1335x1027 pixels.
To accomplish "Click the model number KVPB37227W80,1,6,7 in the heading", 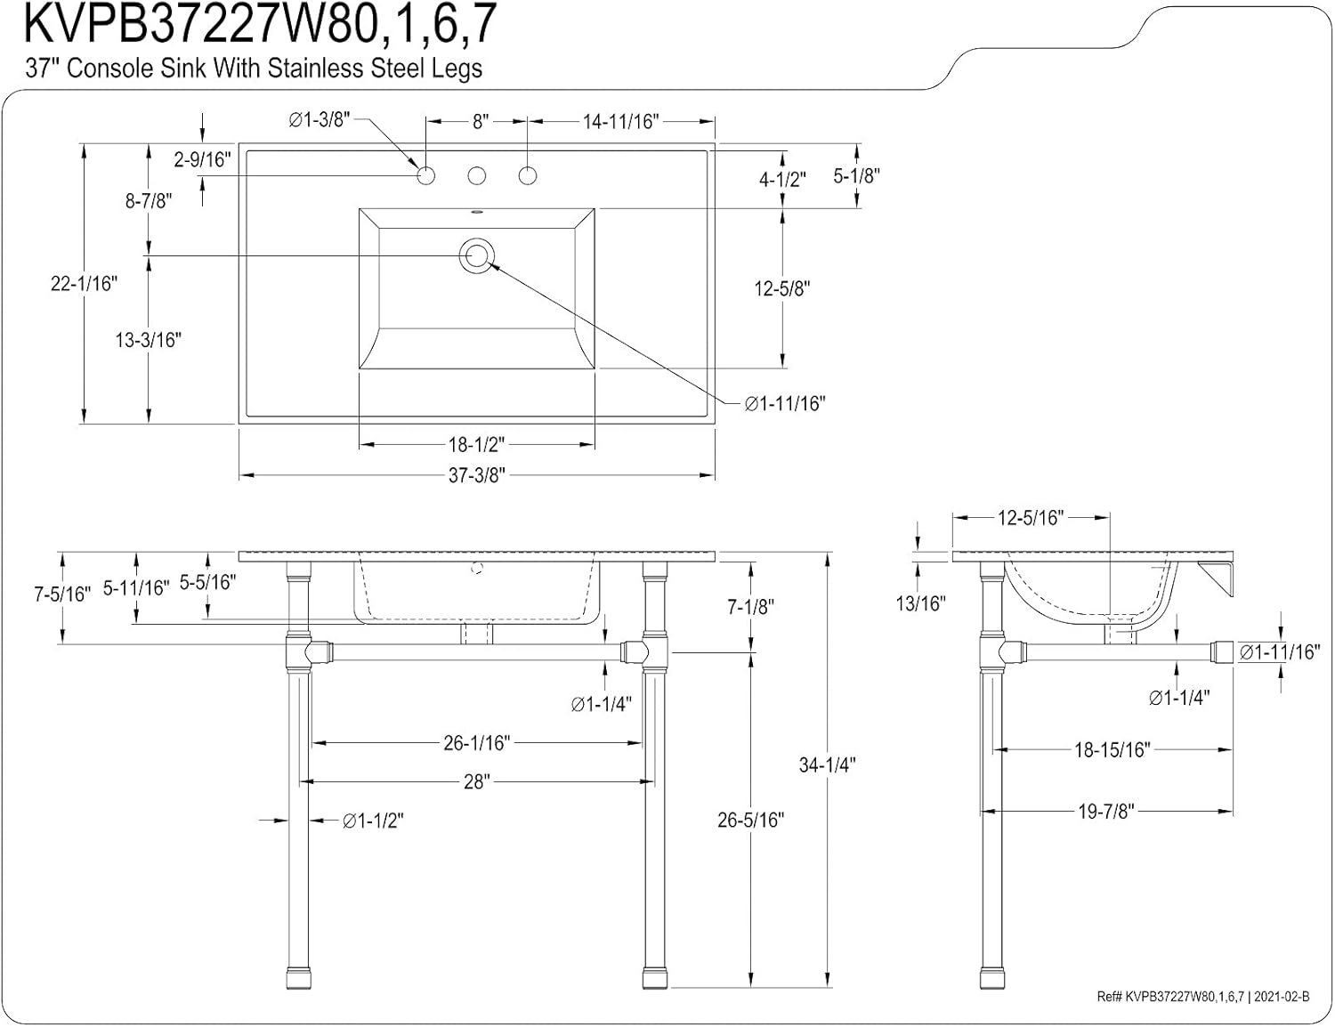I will pyautogui.click(x=259, y=25).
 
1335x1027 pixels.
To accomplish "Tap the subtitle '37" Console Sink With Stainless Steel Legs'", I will pyautogui.click(x=254, y=69).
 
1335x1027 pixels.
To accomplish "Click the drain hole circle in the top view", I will pyautogui.click(x=476, y=255).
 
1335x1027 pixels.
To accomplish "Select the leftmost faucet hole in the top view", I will pyautogui.click(x=426, y=175).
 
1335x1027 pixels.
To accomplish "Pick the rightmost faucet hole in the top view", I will pyautogui.click(x=528, y=175).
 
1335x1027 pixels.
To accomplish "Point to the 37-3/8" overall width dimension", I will pyautogui.click(x=477, y=476).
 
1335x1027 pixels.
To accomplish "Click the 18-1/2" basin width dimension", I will pyautogui.click(x=477, y=443).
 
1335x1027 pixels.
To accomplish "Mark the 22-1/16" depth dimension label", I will pyautogui.click(x=84, y=284).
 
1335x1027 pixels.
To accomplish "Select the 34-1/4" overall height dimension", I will pyautogui.click(x=827, y=764).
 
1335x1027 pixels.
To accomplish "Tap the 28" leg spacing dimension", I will pyautogui.click(x=477, y=781).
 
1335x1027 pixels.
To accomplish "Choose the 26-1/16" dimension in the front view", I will pyautogui.click(x=477, y=742).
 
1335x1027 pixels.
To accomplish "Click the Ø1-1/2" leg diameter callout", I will pyautogui.click(x=373, y=821).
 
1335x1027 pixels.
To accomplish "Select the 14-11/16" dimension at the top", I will pyautogui.click(x=620, y=122).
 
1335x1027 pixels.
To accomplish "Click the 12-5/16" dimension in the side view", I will pyautogui.click(x=1031, y=518).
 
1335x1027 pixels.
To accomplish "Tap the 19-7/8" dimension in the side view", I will pyautogui.click(x=1105, y=812).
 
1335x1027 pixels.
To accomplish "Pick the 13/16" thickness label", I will pyautogui.click(x=920, y=603).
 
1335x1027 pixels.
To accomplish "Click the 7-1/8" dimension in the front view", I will pyautogui.click(x=751, y=607).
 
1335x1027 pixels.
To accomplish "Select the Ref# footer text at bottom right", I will pyautogui.click(x=1202, y=997).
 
